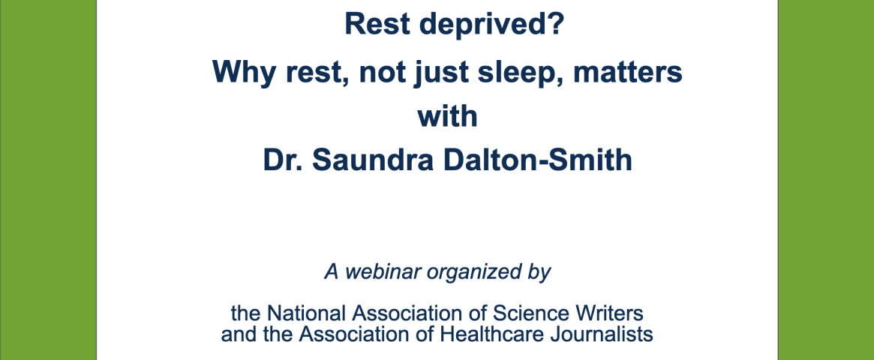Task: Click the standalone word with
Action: point(448,116)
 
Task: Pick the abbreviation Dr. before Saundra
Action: point(284,160)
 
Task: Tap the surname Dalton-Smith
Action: point(533,160)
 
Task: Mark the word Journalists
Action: point(604,334)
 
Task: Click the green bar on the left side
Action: point(48,180)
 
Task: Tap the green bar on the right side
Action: point(826,180)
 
